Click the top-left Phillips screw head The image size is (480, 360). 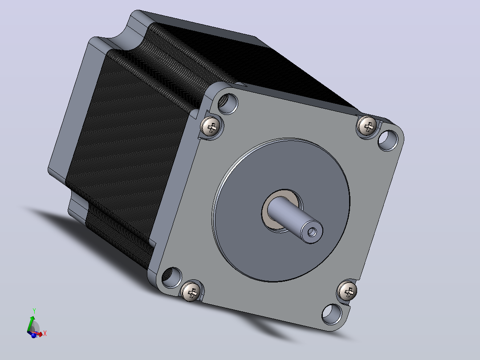click(x=210, y=126)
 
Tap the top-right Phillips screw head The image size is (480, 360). click(x=367, y=125)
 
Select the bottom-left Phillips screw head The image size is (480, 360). click(x=191, y=291)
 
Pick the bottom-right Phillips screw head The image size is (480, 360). click(x=347, y=290)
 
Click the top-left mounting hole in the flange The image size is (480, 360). click(x=228, y=102)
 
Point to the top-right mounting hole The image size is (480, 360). click(x=388, y=140)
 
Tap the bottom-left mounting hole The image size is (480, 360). click(x=171, y=277)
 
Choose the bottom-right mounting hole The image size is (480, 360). click(x=332, y=314)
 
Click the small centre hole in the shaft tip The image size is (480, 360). click(x=312, y=232)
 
